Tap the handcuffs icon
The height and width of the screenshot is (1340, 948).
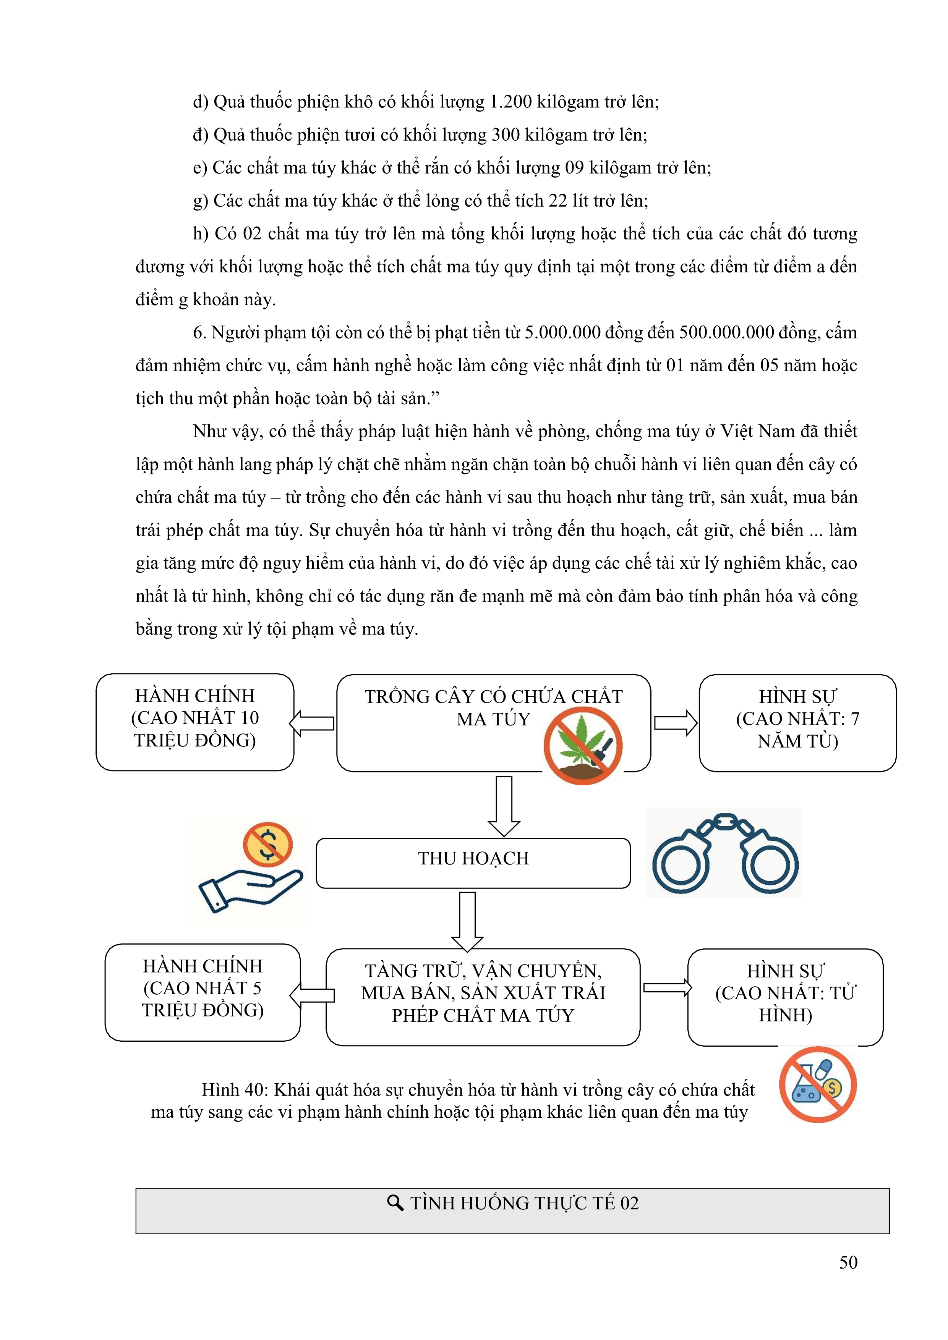[724, 853]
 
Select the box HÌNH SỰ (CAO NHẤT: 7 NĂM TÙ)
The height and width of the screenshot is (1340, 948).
[797, 723]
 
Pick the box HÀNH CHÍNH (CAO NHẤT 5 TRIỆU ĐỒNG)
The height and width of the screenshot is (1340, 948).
[203, 992]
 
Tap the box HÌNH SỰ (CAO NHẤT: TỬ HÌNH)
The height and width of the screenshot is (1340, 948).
[785, 997]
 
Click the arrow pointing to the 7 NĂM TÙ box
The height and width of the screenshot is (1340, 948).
[676, 723]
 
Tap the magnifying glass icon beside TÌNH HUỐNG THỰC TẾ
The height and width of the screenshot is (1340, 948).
[395, 1203]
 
